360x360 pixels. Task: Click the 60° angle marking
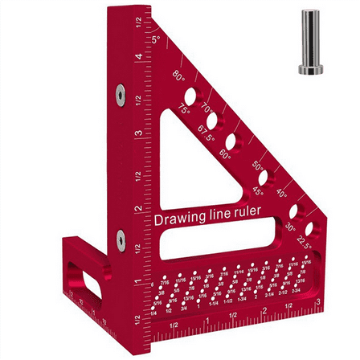[x=226, y=155]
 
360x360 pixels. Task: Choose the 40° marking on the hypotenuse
[x=281, y=192]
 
